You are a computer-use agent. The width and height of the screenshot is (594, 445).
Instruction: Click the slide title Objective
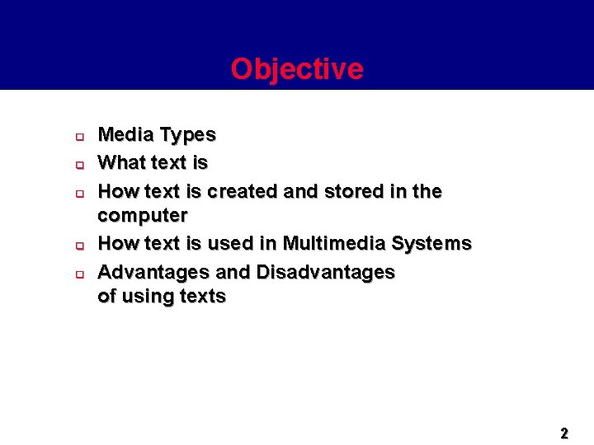click(296, 69)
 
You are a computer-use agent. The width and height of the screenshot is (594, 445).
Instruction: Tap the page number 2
click(564, 433)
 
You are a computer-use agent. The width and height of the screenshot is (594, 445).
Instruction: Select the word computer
click(143, 216)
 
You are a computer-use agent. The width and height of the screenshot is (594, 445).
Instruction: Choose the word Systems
click(431, 244)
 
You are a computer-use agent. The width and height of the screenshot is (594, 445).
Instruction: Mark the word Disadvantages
click(326, 272)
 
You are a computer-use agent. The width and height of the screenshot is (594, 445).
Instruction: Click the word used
click(232, 244)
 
